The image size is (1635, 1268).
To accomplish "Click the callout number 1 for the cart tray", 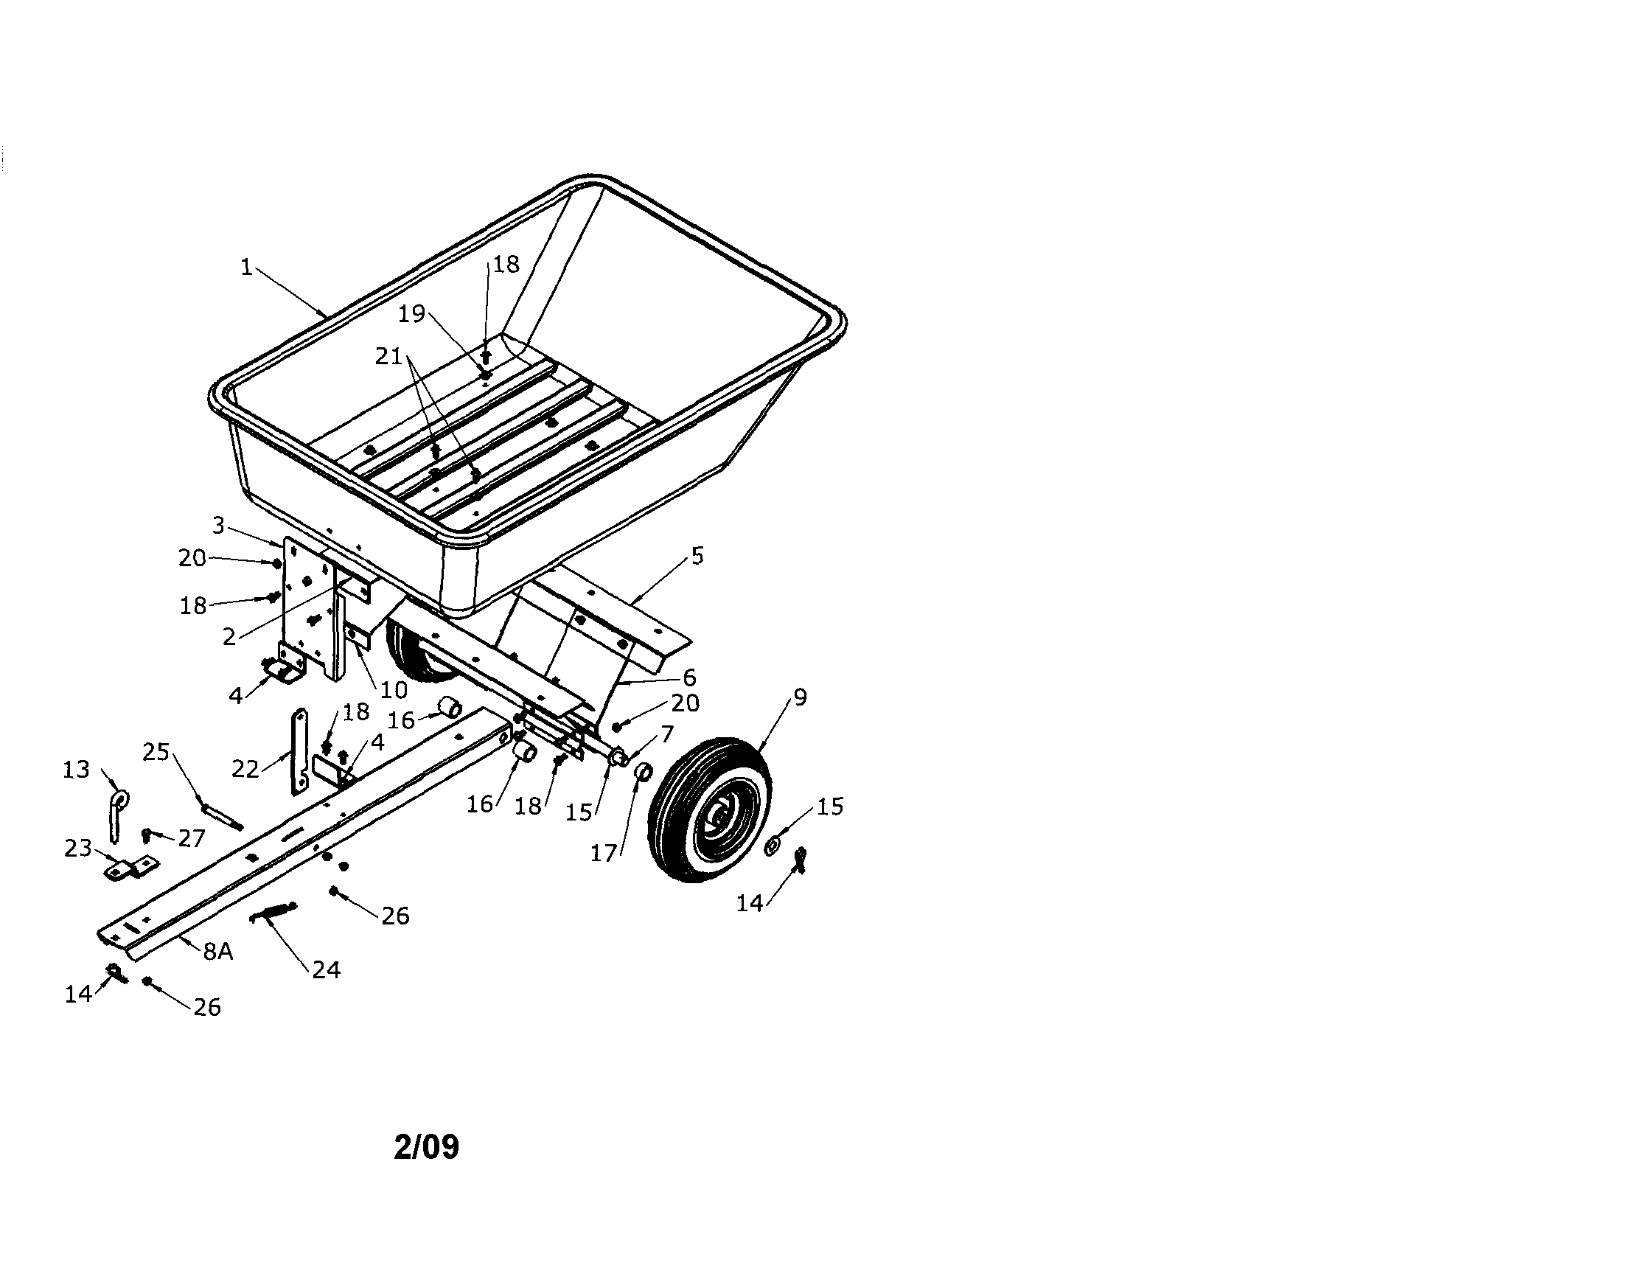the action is pyautogui.click(x=246, y=266).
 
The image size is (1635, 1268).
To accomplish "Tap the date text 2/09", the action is pyautogui.click(x=427, y=1147).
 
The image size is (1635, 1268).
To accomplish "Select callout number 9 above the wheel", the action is pyautogui.click(x=800, y=697).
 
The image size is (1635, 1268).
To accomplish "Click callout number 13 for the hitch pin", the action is pyautogui.click(x=76, y=770).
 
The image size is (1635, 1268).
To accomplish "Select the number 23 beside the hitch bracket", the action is pyautogui.click(x=78, y=848).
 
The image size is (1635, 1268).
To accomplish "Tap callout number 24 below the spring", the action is pyautogui.click(x=327, y=970).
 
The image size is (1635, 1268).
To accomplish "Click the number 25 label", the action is pyautogui.click(x=156, y=751).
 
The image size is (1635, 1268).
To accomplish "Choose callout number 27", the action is pyautogui.click(x=192, y=838).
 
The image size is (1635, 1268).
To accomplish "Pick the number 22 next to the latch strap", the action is pyautogui.click(x=245, y=769).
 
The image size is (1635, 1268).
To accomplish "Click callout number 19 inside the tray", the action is pyautogui.click(x=411, y=313).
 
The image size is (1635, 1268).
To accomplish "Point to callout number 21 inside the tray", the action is pyautogui.click(x=389, y=356).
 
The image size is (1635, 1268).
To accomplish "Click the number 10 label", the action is pyautogui.click(x=394, y=689).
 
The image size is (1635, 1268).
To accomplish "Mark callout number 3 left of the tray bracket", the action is pyautogui.click(x=218, y=526).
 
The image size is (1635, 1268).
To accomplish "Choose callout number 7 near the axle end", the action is pyautogui.click(x=666, y=734).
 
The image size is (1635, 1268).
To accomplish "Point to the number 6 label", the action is pyautogui.click(x=688, y=677).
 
